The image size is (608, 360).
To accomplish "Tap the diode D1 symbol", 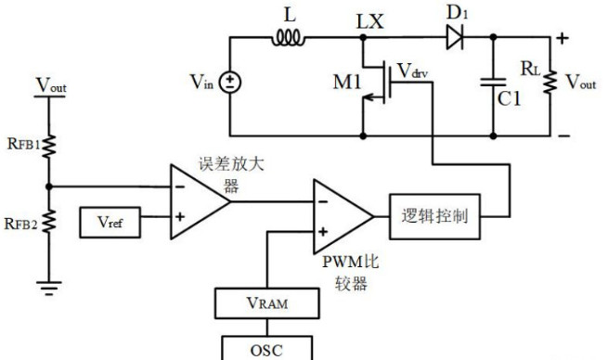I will (453, 38).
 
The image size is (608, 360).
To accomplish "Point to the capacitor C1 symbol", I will (491, 84).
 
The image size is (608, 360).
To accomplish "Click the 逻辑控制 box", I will (434, 215).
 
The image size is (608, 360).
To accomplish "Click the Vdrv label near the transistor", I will (413, 71).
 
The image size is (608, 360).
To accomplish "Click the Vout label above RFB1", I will (51, 86).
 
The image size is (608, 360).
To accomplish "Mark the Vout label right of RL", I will (581, 84).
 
